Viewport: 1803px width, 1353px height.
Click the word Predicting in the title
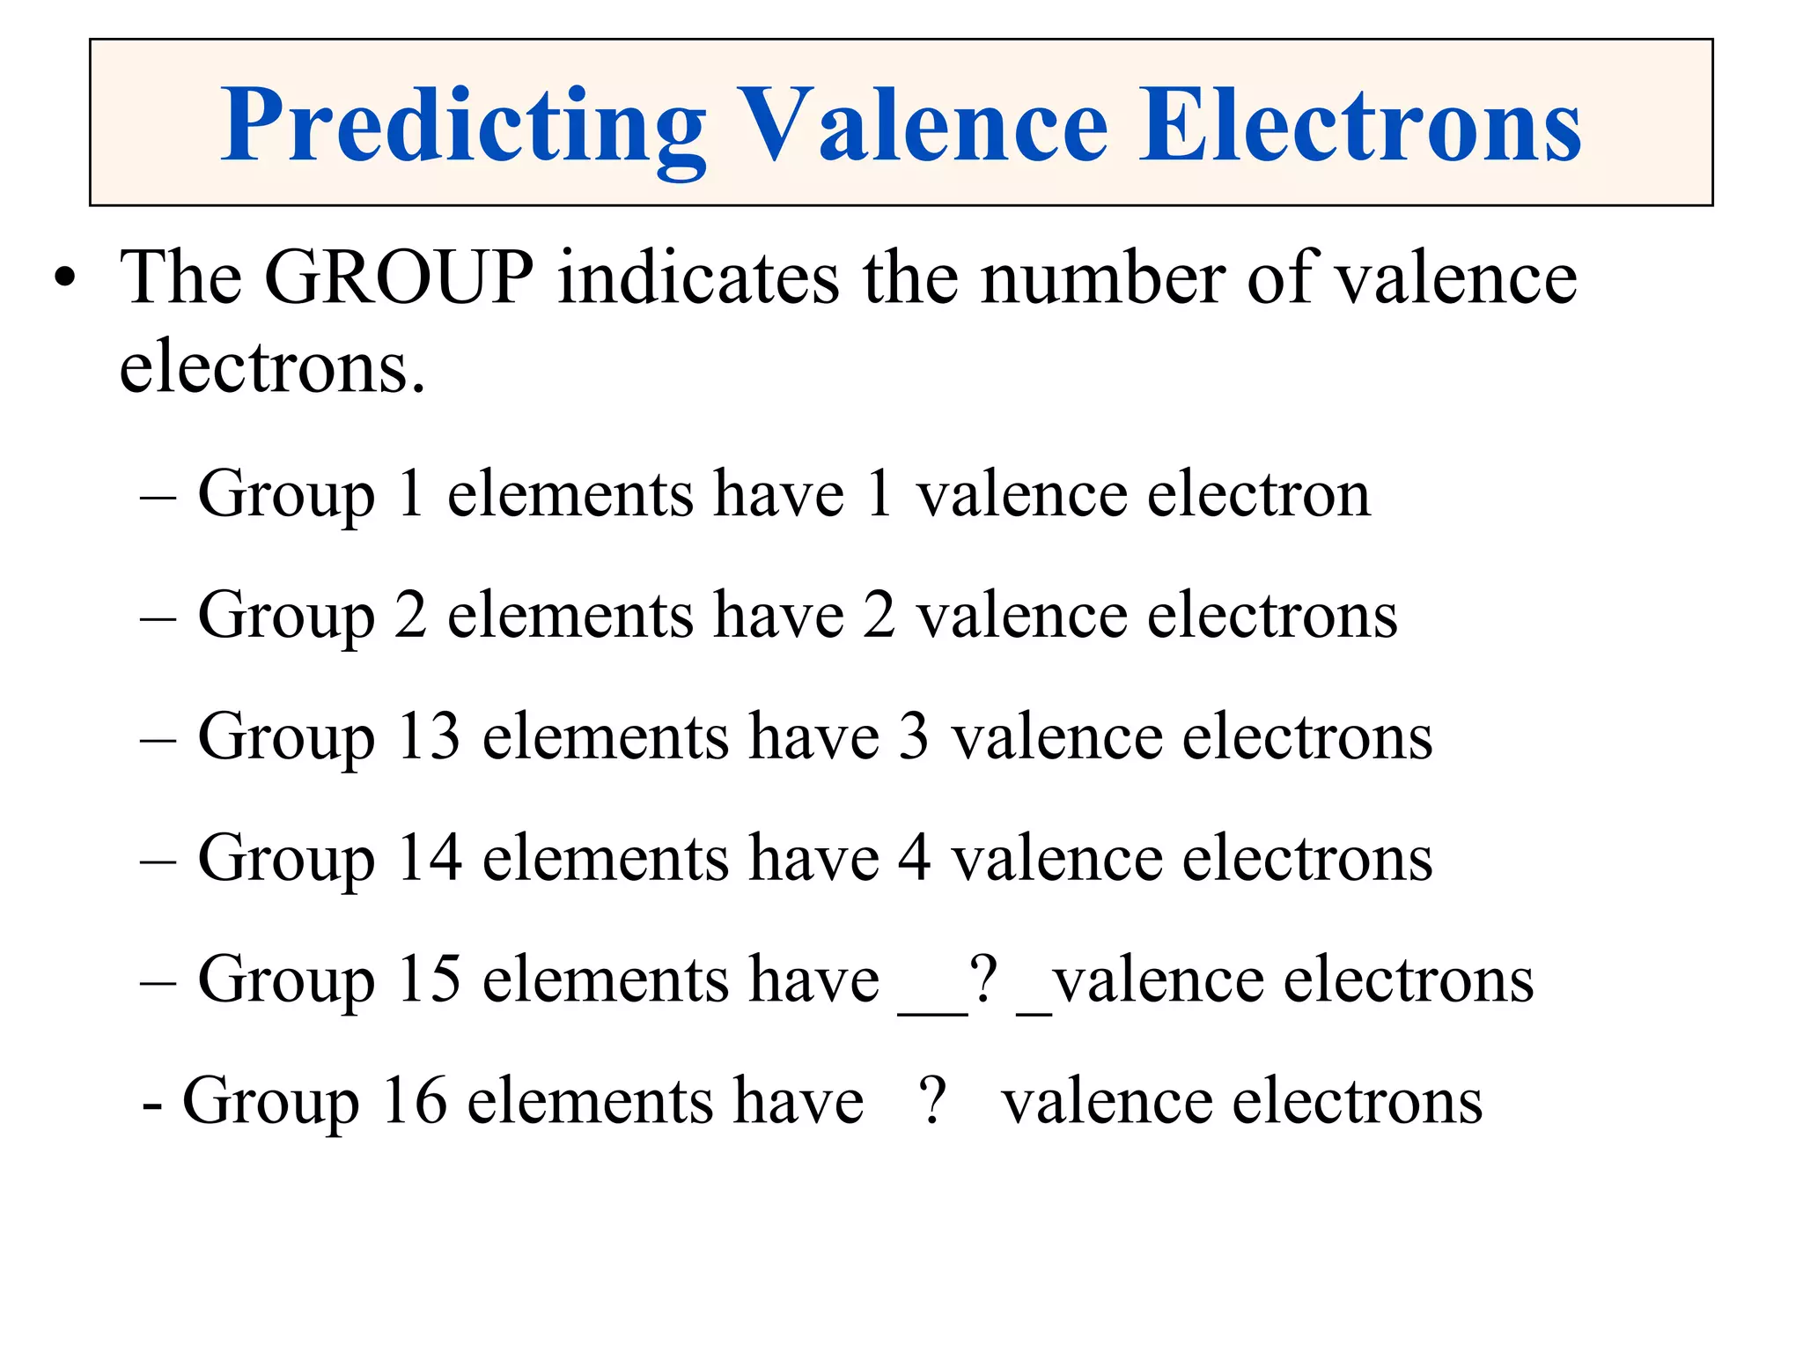pos(463,125)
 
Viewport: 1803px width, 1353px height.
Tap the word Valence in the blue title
pos(921,125)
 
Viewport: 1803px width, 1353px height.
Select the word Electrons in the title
pos(1360,125)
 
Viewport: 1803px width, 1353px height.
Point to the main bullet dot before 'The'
pos(64,280)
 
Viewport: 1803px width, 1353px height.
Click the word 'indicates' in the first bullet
pos(698,278)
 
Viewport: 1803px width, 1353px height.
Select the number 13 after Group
pos(429,736)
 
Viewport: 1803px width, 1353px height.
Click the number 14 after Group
pos(429,858)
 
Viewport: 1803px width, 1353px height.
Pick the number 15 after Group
pos(429,979)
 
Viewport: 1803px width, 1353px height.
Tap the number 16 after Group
pos(415,1101)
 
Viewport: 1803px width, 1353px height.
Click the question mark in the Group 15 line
pos(983,979)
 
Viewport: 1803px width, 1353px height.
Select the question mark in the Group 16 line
pos(932,1101)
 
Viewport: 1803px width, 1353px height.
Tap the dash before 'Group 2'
pos(158,617)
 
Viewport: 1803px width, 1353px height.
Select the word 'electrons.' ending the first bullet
pos(272,367)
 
